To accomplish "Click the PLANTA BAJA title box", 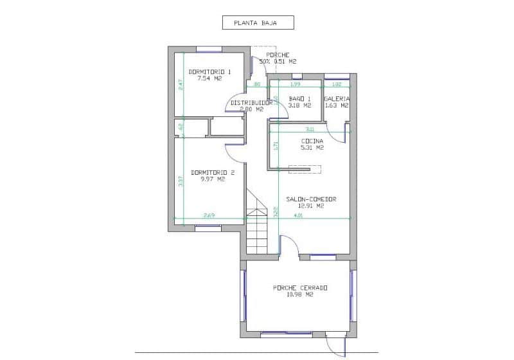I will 258,23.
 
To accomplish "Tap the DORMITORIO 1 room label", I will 209,71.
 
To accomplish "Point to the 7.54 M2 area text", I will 209,78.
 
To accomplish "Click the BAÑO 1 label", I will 300,98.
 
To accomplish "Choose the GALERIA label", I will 337,98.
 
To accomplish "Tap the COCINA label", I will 312,141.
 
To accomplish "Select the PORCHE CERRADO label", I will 300,287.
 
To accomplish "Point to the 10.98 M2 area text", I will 300,294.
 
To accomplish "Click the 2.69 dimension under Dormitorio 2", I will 209,215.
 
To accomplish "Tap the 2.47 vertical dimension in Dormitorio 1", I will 181,84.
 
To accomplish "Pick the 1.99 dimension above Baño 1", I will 295,84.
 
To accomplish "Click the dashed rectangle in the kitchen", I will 304,169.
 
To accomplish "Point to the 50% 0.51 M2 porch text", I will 278,62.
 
